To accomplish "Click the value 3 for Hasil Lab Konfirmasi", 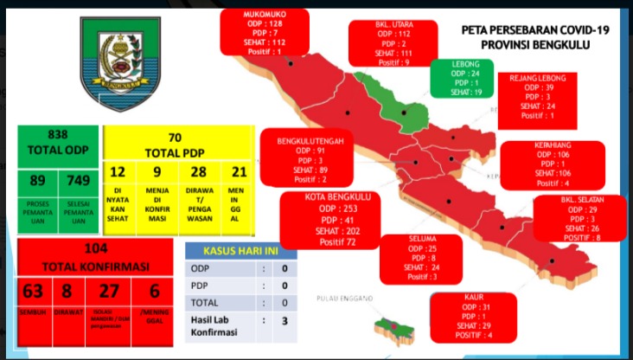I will pyautogui.click(x=284, y=323).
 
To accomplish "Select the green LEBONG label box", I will pyautogui.click(x=462, y=79).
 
